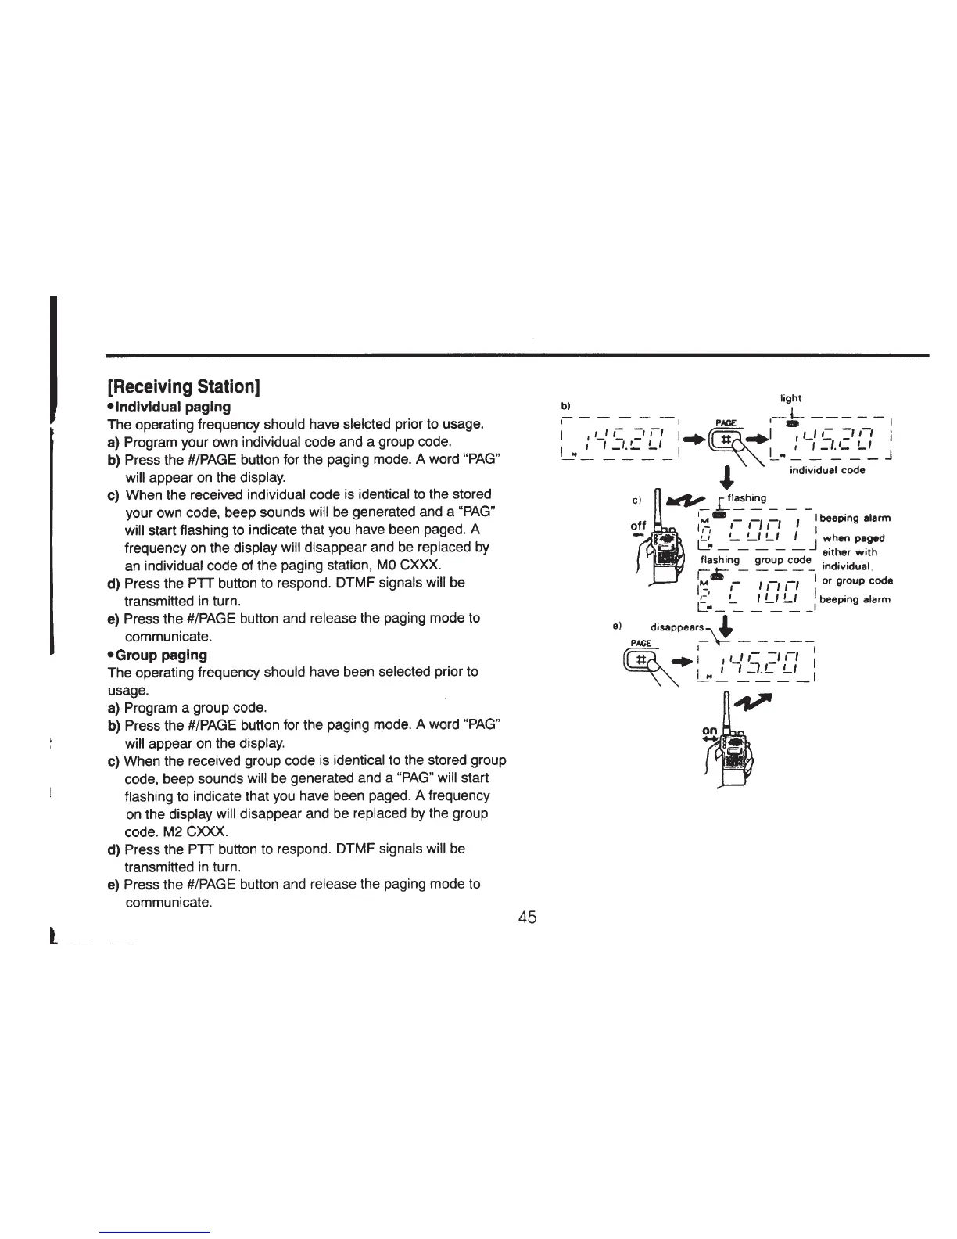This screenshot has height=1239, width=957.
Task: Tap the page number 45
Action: (x=527, y=918)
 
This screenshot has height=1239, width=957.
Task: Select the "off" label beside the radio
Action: (x=639, y=526)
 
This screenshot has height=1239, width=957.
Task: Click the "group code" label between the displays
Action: (x=783, y=560)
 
